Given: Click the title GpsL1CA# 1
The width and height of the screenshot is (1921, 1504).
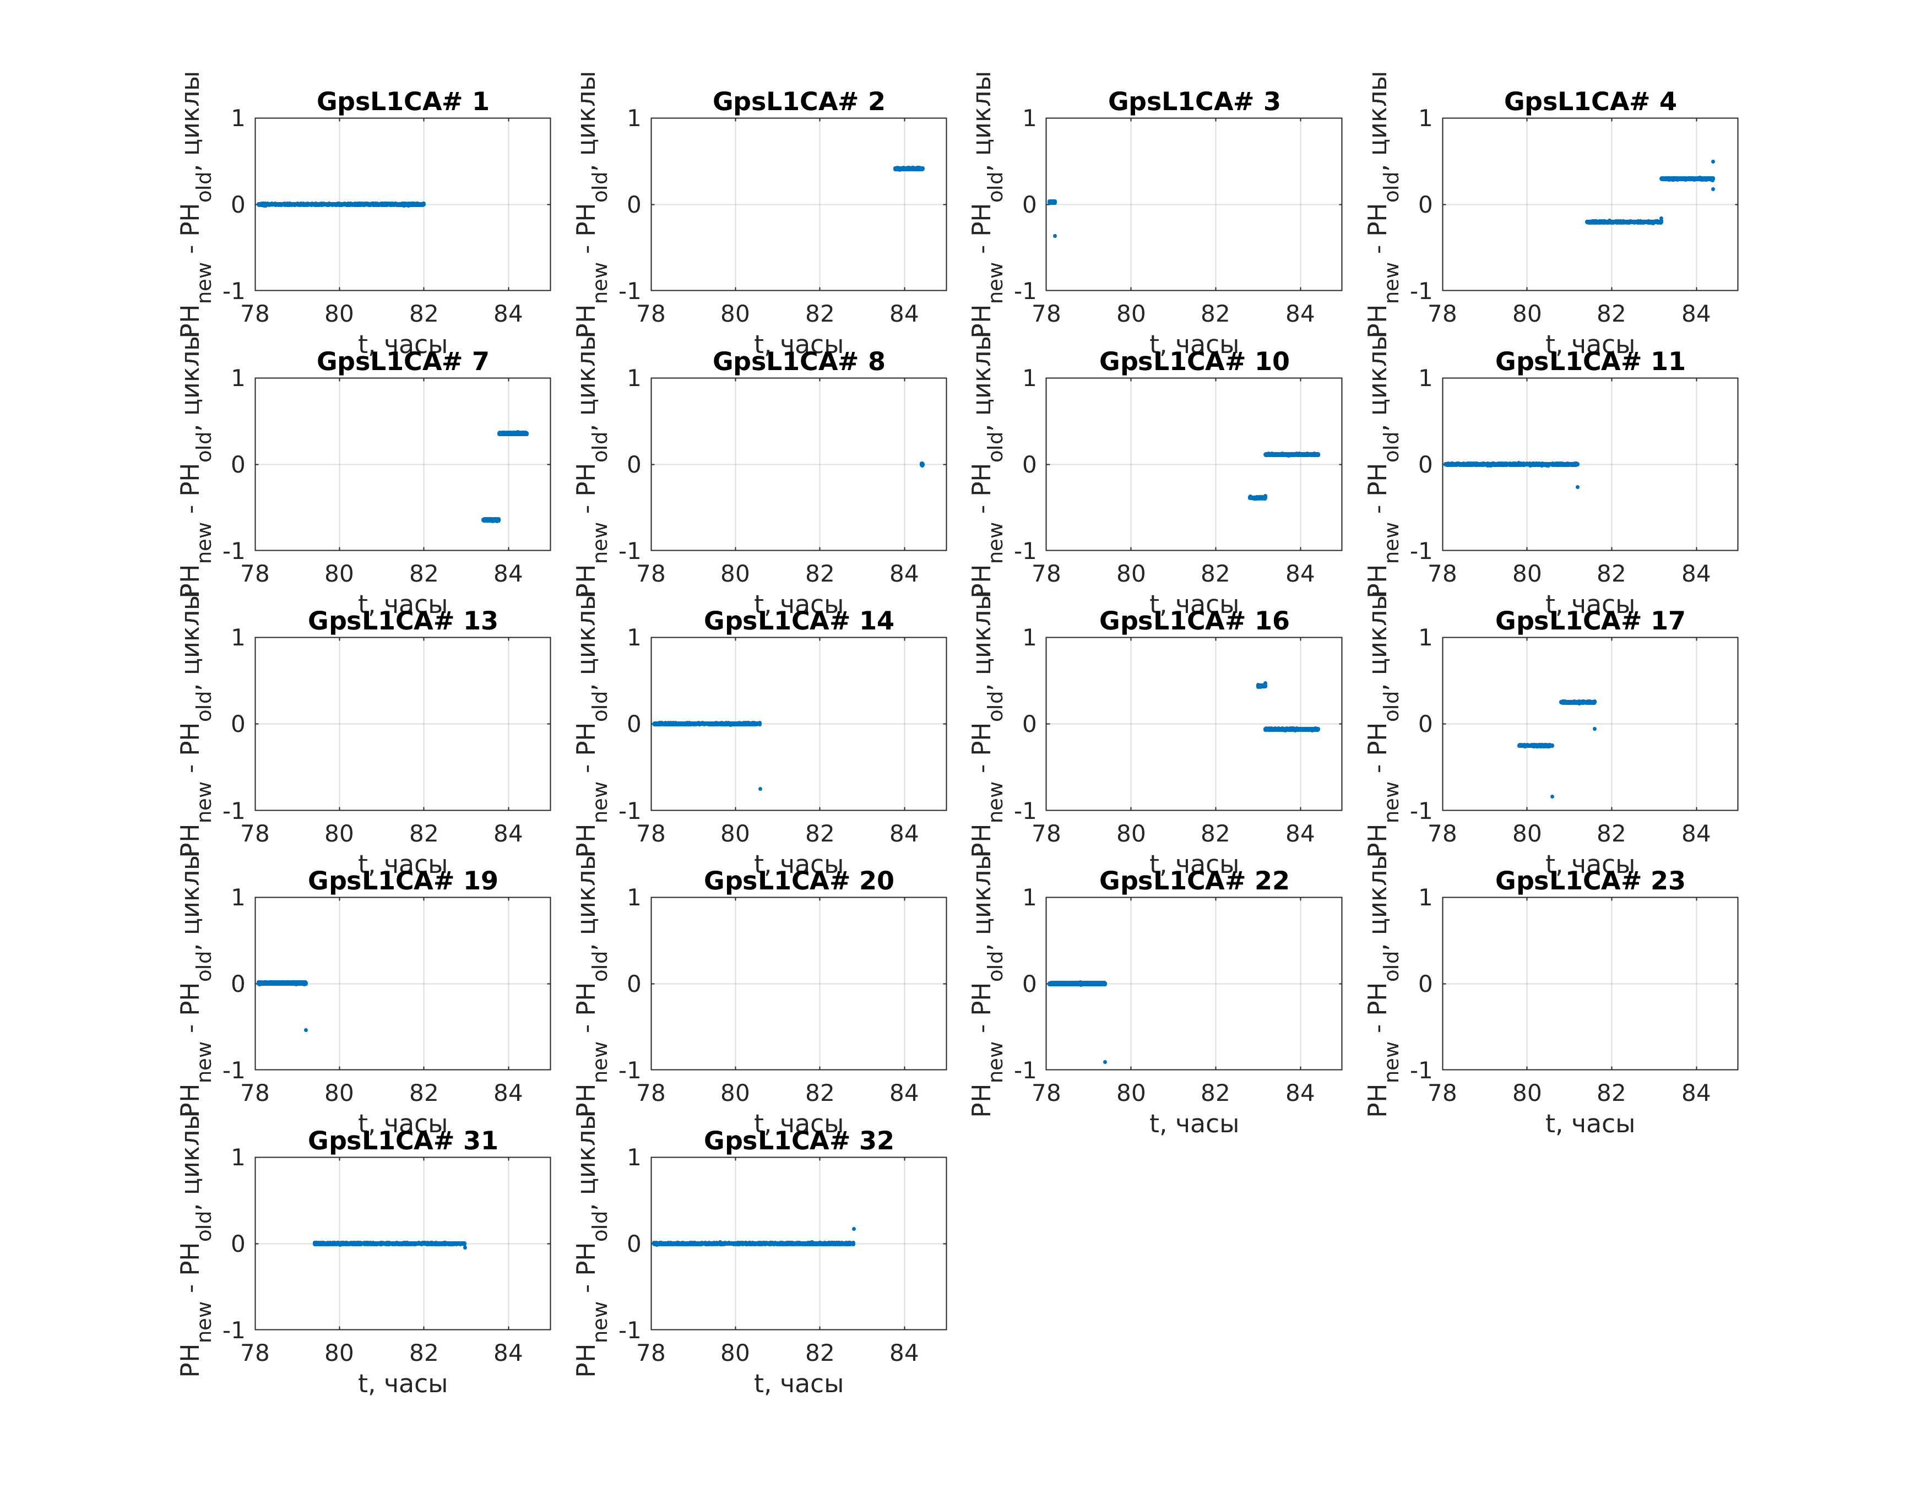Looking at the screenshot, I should click(403, 101).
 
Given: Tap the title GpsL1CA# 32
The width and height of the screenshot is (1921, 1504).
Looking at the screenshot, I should click(799, 1141).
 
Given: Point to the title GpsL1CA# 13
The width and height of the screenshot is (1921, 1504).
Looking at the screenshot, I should click(403, 621).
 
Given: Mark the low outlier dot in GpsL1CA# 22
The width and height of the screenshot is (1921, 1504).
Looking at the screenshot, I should click(1105, 1062).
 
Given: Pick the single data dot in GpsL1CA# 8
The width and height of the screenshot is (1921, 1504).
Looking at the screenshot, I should click(922, 464).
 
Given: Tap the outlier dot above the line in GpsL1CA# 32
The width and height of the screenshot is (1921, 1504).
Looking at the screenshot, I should click(853, 1229).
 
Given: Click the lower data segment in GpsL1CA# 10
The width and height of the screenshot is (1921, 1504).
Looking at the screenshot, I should click(1258, 497).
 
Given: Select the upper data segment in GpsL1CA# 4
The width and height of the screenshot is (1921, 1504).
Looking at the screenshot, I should click(1686, 179).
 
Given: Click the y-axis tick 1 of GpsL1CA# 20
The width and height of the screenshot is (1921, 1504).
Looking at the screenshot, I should click(634, 897).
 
